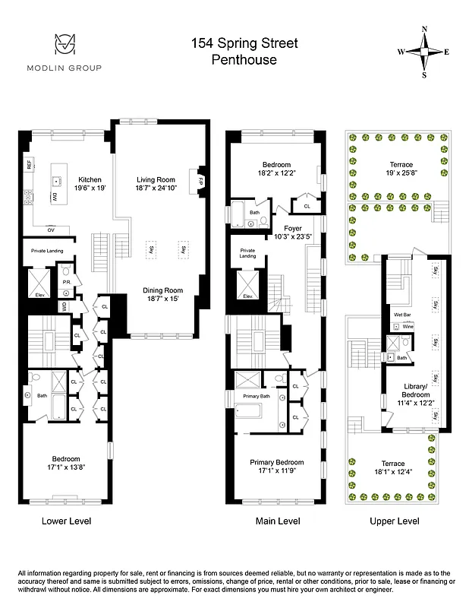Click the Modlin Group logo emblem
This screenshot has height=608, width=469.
coord(64,45)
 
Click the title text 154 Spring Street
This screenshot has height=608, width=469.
coord(244,44)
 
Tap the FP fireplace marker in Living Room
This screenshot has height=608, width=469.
coord(202,182)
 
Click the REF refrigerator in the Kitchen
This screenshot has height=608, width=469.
coord(29,164)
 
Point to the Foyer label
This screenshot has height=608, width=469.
coord(294,228)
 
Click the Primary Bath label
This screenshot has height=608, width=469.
coord(257,397)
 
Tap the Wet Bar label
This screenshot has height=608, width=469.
coord(402,314)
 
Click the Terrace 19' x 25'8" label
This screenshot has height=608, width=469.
coord(401,169)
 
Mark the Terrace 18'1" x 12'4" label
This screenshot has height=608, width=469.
coord(392,468)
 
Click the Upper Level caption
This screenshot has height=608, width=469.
coord(394,521)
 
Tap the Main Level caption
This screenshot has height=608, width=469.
coord(277,521)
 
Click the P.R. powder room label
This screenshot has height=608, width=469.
coord(66,281)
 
